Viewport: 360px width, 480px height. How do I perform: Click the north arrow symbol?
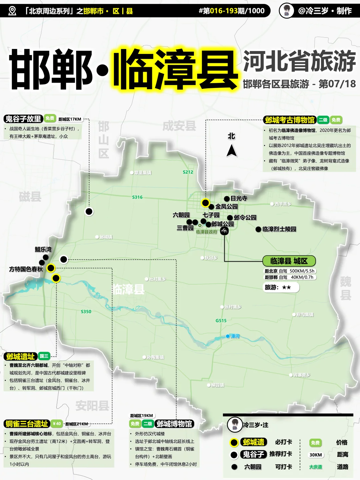(232, 150)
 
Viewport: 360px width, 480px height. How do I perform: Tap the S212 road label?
(188, 172)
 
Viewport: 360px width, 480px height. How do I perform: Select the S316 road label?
(137, 197)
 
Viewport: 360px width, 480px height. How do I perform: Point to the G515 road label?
(221, 321)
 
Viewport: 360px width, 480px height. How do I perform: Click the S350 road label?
(86, 312)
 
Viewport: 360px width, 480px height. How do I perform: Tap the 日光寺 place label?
(239, 198)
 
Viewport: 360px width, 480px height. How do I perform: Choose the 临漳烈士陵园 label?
(279, 229)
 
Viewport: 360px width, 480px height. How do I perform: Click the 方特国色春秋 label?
(26, 269)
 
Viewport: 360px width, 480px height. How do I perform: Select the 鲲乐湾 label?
(43, 250)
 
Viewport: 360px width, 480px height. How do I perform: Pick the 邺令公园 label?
(245, 217)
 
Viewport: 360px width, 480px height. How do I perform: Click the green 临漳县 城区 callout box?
(289, 261)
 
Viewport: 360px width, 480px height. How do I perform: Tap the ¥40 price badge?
(57, 424)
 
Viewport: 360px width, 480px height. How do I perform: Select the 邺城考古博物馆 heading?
(290, 120)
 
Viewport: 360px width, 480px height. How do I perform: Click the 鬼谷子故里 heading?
(23, 119)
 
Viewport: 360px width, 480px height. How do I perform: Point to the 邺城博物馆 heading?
(174, 424)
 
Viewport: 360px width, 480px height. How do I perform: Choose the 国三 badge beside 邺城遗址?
(44, 356)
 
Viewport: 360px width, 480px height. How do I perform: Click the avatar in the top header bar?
(286, 11)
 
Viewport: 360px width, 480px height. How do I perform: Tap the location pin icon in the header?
(12, 11)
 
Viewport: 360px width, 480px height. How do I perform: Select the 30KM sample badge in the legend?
(316, 455)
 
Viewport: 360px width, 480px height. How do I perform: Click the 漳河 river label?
(235, 336)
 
